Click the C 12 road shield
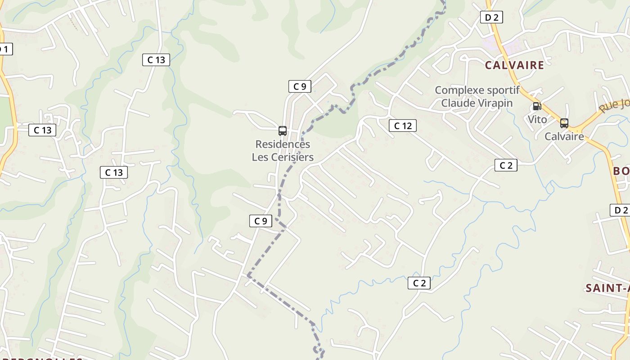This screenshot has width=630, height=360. point(402,126)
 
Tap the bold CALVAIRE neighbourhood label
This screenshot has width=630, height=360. point(514,65)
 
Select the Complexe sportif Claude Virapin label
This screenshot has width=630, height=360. point(477,96)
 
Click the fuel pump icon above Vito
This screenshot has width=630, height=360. point(536,106)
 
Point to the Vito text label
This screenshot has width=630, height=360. point(537,119)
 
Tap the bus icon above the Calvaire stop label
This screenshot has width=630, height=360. point(564,123)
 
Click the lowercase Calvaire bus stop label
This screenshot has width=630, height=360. point(564,136)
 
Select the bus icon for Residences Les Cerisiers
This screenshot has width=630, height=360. point(283,131)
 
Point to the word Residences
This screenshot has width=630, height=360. point(283,144)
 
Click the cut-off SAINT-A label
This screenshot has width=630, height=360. point(607,288)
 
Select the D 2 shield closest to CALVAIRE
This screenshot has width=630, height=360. point(491,17)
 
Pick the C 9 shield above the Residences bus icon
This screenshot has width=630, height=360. point(299,86)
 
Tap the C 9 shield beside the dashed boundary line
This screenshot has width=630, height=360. point(261,220)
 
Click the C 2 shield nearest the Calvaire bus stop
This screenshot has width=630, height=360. point(506,165)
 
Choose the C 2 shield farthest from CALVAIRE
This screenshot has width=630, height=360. point(419,283)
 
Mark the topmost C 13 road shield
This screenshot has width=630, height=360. point(156,59)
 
